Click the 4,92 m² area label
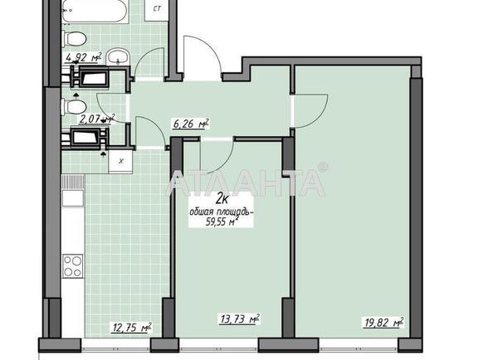pos(84,58)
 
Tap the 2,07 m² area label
pos(98,119)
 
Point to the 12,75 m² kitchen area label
pos(132,328)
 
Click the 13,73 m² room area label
pos(240,319)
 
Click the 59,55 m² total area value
pos(222,222)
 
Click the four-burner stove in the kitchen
pos(73,265)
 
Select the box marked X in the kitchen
pos(120,161)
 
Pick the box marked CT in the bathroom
pos(157,9)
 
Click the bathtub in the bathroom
pos(95,11)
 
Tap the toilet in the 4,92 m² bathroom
pos(74,39)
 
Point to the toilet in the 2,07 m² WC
pos(74,107)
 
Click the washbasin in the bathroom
pos(118,56)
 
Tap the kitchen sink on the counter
pos(73,198)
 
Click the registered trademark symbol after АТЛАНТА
pos(323,167)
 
